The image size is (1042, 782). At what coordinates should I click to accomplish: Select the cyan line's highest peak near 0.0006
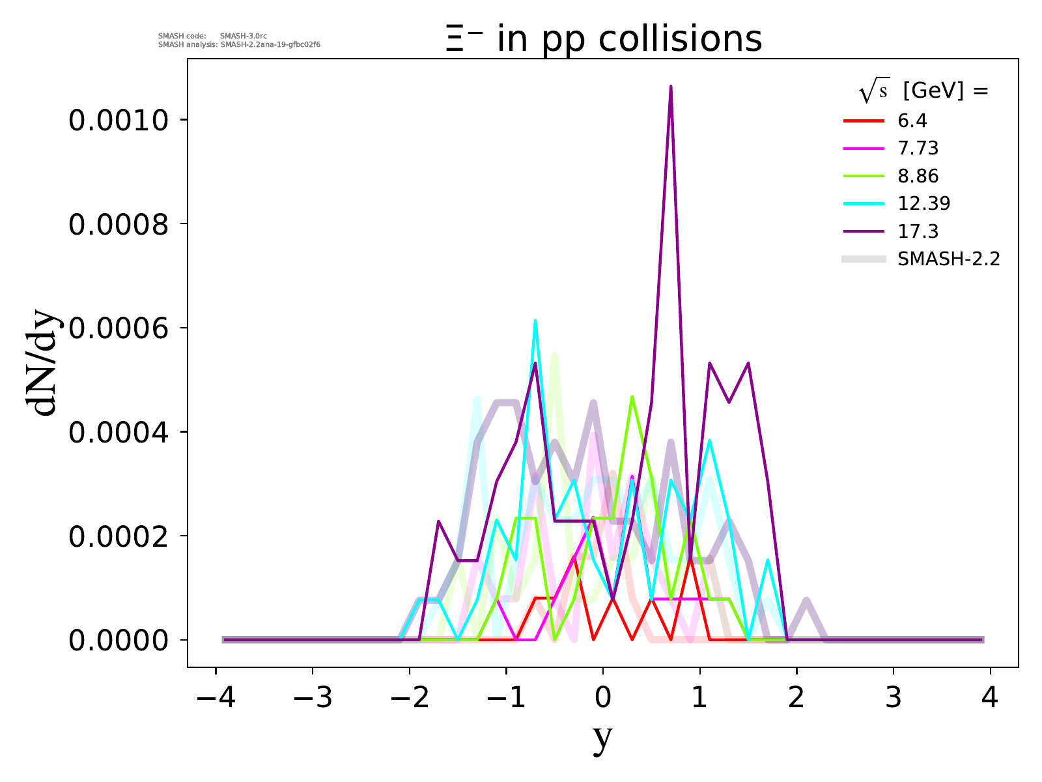535,321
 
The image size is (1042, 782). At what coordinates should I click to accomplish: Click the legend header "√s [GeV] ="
923,92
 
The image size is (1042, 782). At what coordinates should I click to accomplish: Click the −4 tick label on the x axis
216,699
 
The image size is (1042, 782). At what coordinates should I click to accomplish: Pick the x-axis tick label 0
603,699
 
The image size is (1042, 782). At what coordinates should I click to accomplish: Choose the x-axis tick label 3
894,699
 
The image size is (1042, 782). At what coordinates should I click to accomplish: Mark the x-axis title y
603,738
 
